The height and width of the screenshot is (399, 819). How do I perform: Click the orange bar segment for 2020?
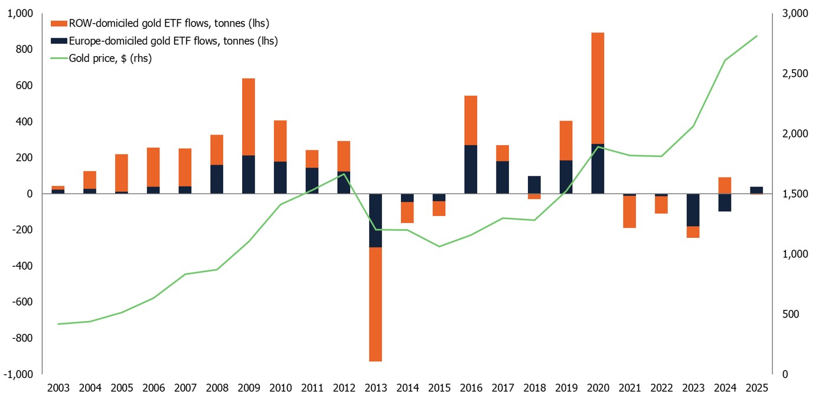598,88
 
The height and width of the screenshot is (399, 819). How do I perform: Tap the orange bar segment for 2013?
376,304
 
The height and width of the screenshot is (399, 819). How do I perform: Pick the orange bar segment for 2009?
249,117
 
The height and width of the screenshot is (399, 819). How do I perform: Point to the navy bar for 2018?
534,185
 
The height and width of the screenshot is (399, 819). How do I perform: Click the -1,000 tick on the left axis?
21,374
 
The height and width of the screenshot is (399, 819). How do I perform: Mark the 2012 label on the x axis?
344,388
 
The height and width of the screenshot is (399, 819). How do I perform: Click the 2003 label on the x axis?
58,388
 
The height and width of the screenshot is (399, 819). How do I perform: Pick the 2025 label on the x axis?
756,388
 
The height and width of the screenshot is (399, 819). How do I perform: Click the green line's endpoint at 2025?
756,36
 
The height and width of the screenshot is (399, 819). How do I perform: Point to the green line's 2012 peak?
344,174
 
